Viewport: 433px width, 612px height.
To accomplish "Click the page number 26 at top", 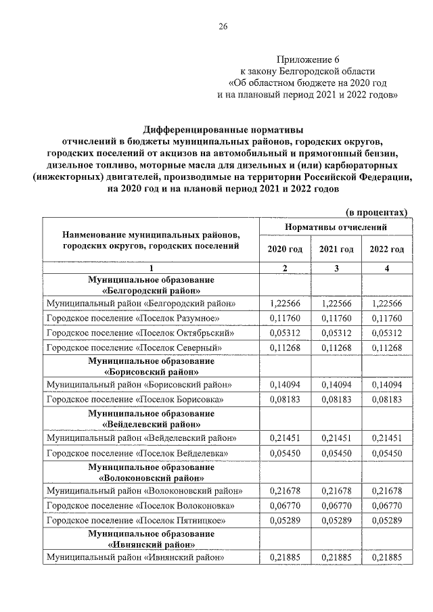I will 223,26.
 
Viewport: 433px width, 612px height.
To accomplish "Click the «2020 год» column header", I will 285,250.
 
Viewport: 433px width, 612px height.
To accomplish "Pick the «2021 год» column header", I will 336,250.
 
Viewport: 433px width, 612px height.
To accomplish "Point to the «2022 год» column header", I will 386,250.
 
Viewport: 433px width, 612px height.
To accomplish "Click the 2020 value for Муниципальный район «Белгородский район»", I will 285,304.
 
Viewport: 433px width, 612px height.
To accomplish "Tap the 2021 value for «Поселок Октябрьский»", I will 336,333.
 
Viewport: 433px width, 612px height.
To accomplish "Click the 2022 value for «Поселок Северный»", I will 386,348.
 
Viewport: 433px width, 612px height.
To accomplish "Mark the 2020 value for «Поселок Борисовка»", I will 285,400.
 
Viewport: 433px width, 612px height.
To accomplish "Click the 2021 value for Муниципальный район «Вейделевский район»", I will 336,438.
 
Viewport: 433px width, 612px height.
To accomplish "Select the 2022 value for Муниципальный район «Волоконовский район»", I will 386,491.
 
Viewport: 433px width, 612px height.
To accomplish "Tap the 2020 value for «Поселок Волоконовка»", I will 285,505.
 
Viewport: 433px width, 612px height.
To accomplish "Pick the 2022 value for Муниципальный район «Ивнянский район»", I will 386,558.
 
